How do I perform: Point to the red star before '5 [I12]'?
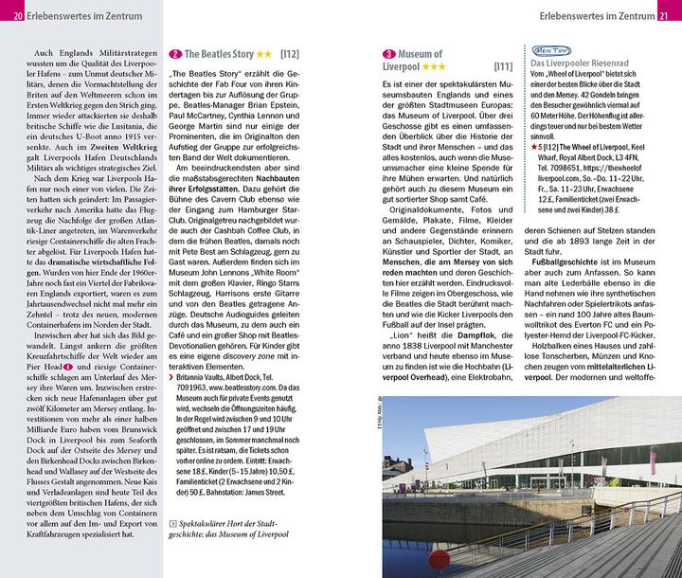pos(535,147)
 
